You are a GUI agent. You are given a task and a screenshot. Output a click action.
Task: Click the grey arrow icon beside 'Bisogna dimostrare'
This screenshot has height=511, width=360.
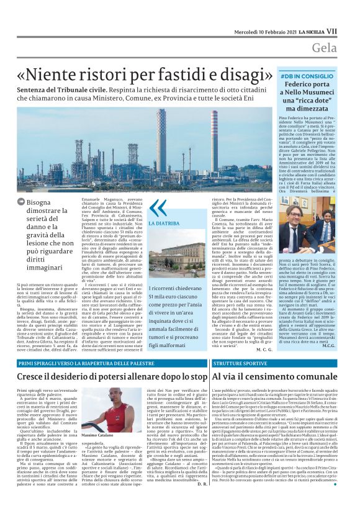[22, 202]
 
